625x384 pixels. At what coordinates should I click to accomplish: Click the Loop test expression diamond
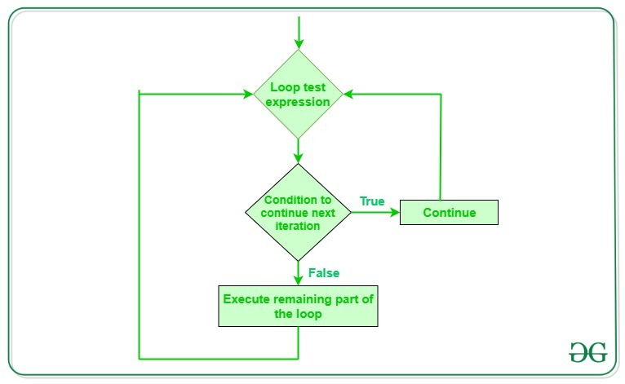tap(299, 94)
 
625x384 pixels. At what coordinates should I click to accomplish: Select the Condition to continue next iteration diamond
tap(299, 214)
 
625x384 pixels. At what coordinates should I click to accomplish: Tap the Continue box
tap(449, 214)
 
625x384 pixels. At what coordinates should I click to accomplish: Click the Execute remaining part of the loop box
tap(299, 306)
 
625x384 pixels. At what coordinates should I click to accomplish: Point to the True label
tap(372, 201)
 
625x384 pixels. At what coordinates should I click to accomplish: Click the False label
tap(324, 272)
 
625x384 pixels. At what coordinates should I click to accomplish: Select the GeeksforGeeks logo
tap(587, 351)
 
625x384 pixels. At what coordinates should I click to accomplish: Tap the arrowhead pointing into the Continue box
tap(394, 214)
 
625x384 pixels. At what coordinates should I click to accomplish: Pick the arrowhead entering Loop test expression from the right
tap(348, 94)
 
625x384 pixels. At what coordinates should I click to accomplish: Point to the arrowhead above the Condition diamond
tap(299, 157)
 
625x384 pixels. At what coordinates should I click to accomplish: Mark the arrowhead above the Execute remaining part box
tap(299, 278)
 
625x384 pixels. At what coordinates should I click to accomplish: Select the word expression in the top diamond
tap(299, 102)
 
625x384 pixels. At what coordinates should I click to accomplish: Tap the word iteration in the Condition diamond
tap(292, 226)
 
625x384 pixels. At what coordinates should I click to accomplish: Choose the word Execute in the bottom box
tap(246, 299)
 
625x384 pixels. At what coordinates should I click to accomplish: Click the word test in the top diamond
tap(315, 87)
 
